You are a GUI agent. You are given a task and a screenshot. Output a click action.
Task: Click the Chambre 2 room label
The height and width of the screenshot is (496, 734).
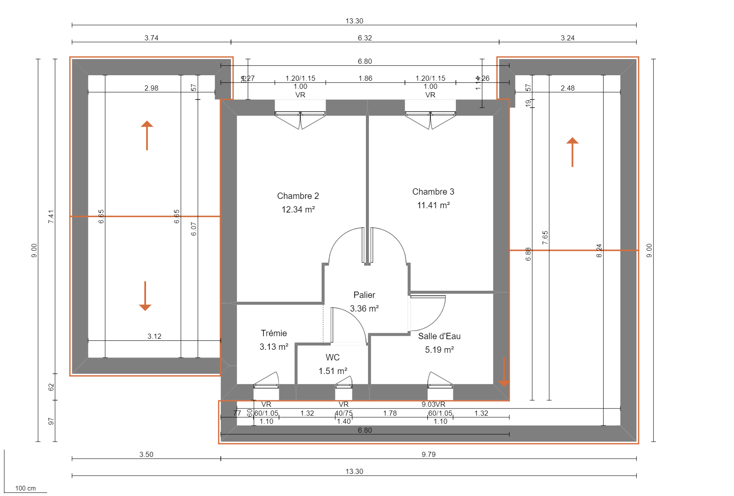click(x=298, y=196)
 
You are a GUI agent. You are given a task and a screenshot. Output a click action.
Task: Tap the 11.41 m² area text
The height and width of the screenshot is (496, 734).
click(x=433, y=205)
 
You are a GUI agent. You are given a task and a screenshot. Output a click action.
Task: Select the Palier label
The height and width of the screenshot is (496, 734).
click(x=364, y=295)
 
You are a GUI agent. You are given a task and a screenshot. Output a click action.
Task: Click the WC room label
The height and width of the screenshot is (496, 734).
click(x=332, y=357)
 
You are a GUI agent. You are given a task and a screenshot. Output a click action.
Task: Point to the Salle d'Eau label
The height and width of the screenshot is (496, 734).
click(x=439, y=336)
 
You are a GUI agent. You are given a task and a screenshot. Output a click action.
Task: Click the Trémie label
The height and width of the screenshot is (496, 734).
click(x=274, y=333)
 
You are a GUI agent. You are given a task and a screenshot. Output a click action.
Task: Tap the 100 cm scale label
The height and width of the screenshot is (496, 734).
click(x=25, y=488)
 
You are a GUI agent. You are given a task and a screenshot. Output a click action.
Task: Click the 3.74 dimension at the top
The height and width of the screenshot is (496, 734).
click(x=151, y=38)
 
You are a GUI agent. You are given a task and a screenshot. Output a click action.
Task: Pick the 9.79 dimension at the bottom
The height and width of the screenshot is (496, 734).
click(x=428, y=454)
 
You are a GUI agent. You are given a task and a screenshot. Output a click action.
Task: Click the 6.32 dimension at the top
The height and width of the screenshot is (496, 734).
click(x=365, y=38)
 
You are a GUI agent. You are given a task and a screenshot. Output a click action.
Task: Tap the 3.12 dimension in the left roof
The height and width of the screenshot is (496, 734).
click(x=154, y=336)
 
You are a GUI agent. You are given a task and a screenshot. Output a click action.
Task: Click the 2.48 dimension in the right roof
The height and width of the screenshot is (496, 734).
click(x=567, y=88)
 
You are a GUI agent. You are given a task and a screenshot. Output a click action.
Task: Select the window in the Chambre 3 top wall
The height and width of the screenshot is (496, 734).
click(x=430, y=114)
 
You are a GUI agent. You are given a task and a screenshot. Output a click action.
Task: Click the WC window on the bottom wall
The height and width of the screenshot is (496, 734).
click(x=343, y=386)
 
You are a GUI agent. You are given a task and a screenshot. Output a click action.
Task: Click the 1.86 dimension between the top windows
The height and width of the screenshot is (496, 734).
click(x=365, y=78)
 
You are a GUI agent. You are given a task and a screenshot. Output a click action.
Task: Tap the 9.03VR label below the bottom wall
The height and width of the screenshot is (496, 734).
click(x=433, y=404)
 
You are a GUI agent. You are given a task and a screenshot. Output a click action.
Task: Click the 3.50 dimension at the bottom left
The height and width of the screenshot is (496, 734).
click(x=146, y=454)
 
